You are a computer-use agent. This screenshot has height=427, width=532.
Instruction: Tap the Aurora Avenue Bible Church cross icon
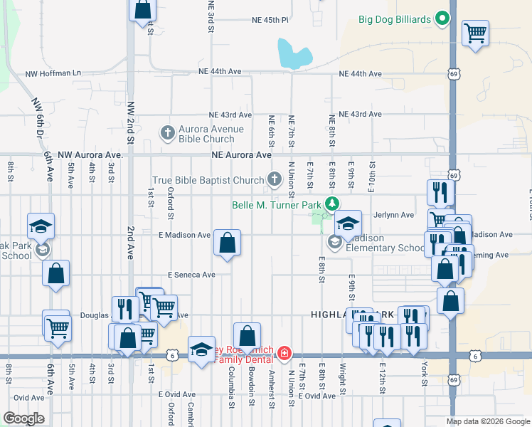click(167, 132)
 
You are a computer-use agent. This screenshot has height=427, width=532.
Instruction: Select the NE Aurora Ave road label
click(242, 154)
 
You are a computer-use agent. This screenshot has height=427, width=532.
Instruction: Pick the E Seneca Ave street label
click(191, 275)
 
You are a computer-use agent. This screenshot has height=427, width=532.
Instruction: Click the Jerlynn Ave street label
click(397, 215)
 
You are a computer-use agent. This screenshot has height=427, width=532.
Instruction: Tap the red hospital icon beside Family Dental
click(284, 353)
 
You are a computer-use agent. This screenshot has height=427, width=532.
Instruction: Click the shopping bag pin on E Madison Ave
click(227, 243)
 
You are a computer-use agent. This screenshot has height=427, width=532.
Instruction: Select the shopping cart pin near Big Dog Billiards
click(475, 32)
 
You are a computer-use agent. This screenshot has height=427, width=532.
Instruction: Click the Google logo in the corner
click(23, 418)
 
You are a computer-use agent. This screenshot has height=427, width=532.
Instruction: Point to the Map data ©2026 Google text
click(488, 421)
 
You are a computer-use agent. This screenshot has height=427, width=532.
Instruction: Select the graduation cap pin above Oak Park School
click(41, 226)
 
